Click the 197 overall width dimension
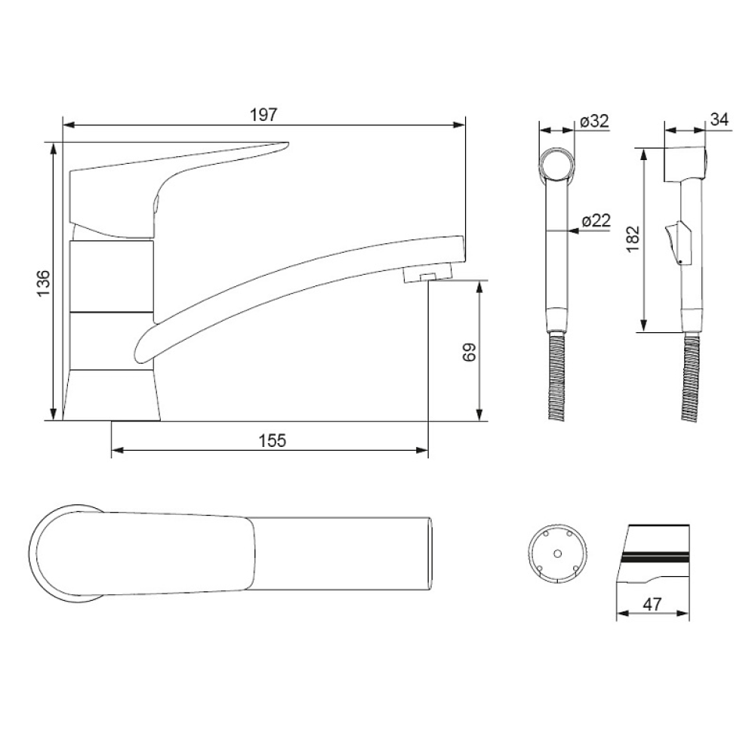(x=263, y=115)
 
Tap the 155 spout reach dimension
(x=272, y=440)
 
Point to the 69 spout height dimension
(x=469, y=352)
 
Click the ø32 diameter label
(x=595, y=121)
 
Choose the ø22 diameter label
(x=596, y=220)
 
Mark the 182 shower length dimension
(x=633, y=238)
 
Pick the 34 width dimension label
(x=720, y=119)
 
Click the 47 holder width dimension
(x=652, y=604)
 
